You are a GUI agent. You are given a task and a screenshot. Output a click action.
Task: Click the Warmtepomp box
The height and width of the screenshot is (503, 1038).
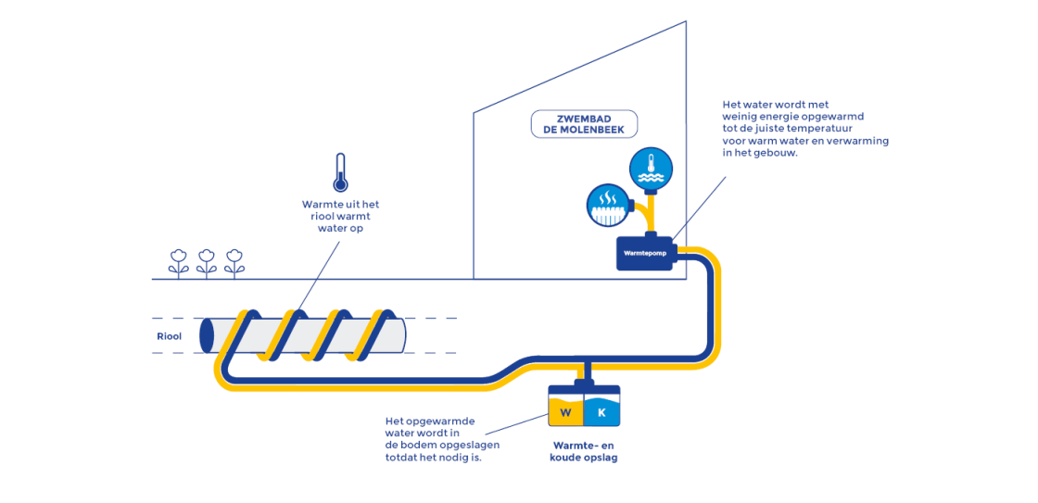[x=645, y=253]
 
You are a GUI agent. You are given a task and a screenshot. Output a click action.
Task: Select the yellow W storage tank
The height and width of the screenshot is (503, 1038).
[x=565, y=410]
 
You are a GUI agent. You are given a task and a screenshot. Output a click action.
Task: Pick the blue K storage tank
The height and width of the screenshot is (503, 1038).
[x=601, y=410]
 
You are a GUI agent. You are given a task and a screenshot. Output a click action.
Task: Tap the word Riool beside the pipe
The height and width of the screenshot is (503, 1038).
[x=170, y=335]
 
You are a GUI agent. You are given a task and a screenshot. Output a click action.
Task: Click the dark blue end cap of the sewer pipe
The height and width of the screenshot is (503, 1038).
[x=207, y=335]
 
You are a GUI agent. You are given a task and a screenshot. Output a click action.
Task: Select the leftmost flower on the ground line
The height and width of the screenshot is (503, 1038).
[x=178, y=261]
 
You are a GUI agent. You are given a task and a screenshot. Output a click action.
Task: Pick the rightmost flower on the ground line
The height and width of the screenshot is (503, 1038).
[x=235, y=261]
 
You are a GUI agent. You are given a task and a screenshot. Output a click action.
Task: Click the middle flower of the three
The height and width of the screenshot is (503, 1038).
[x=207, y=261]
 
